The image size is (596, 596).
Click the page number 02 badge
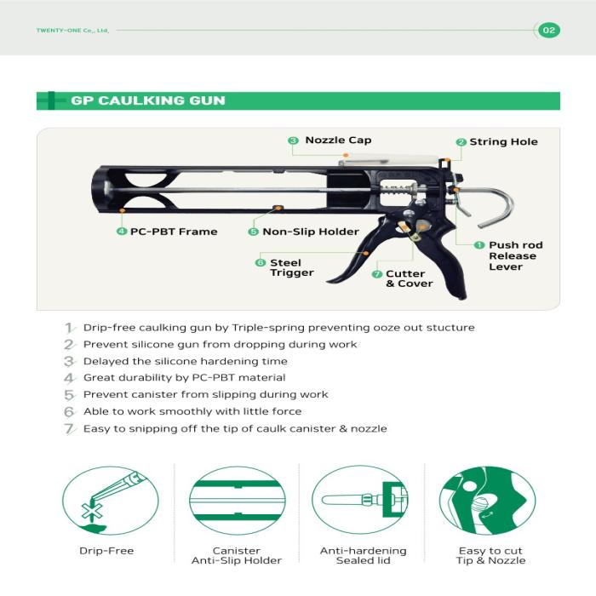point(549,30)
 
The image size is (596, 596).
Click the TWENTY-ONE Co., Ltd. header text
point(72,31)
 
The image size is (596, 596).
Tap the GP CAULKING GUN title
point(148,100)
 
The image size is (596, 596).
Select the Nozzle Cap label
point(338,140)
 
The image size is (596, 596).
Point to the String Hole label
point(503,142)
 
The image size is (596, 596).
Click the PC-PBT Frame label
point(174,232)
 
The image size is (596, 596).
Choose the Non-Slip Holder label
point(310,232)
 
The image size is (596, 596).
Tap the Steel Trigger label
point(291,267)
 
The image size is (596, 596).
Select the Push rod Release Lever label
point(514,255)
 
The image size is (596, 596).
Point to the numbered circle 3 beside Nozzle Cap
point(292,140)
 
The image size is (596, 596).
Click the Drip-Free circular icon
point(106,501)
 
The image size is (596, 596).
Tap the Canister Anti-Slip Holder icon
point(237,501)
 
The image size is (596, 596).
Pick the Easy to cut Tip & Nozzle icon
point(490,501)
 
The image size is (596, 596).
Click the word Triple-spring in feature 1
point(266,328)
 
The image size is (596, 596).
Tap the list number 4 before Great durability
point(70,378)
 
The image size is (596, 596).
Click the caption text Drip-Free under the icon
point(106,551)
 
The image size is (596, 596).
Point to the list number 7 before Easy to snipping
point(70,428)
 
